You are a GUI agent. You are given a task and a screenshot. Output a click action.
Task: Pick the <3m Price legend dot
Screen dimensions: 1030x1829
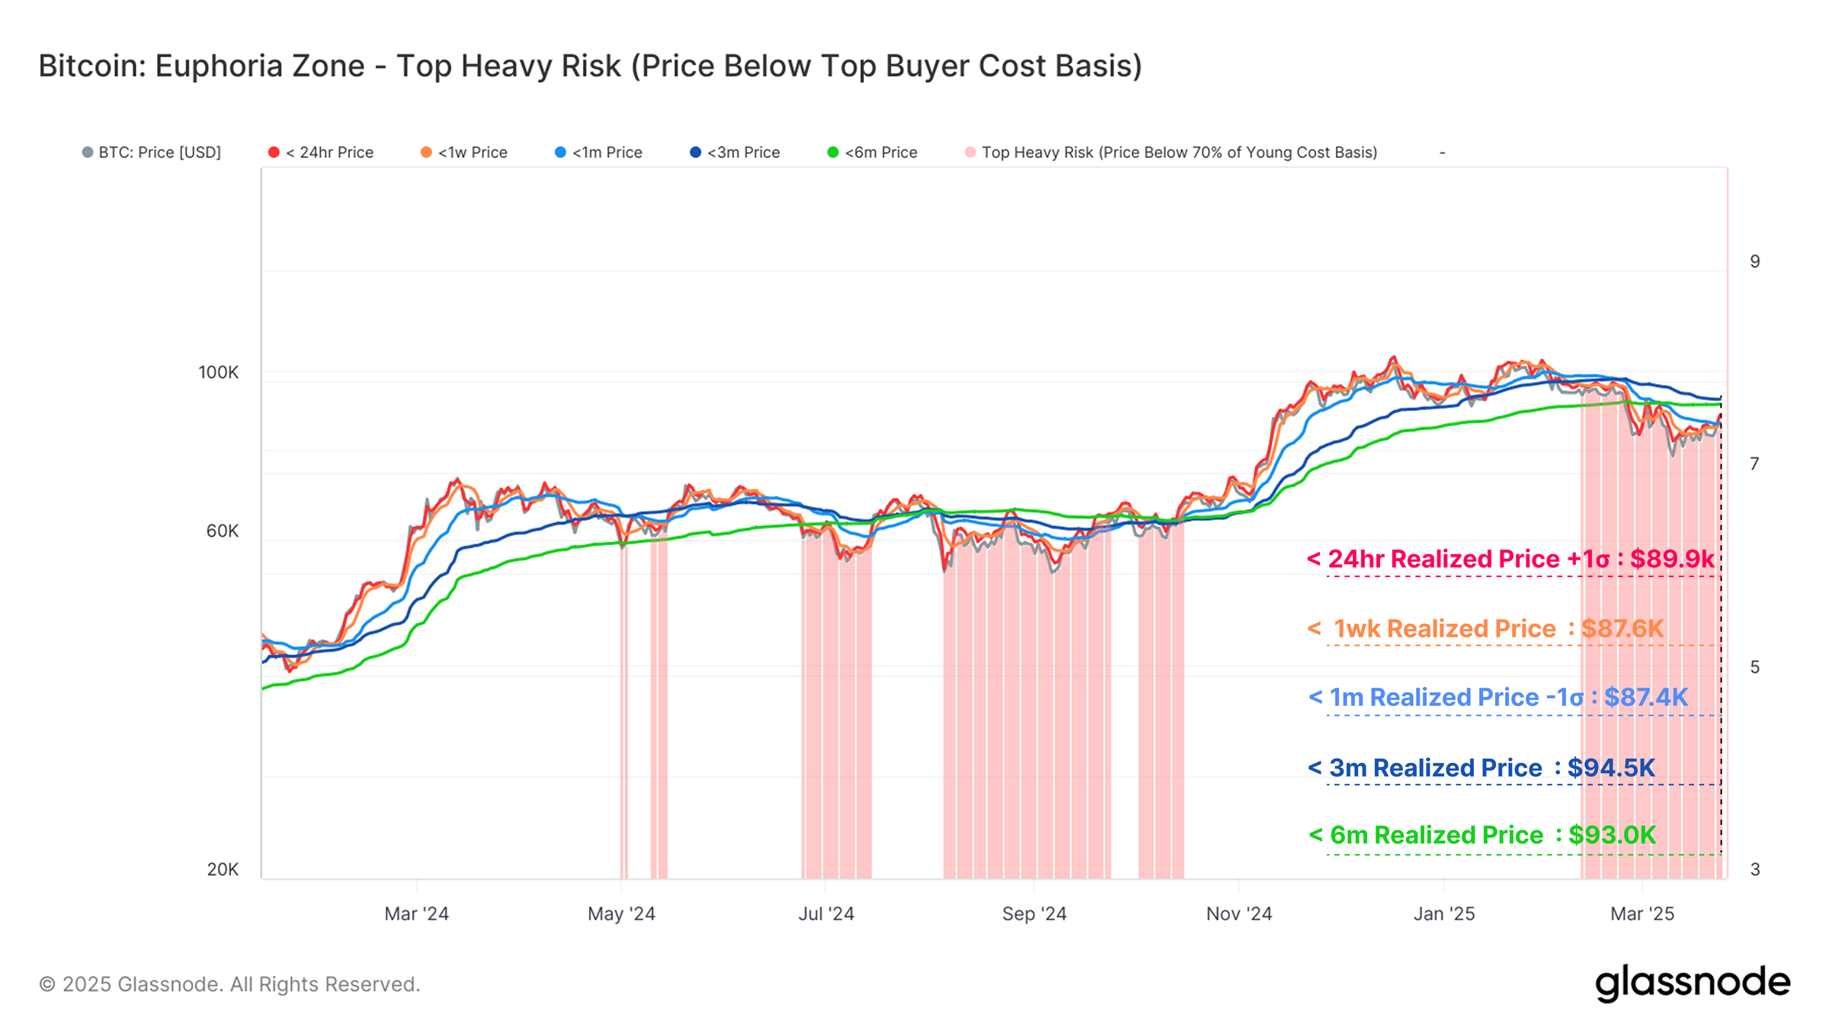point(695,152)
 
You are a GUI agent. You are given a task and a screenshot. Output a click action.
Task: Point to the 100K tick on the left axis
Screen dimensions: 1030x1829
point(219,372)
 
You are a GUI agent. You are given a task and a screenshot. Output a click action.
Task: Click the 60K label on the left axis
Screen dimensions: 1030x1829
point(223,531)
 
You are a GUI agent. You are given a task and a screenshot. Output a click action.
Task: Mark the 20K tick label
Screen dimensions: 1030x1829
point(223,869)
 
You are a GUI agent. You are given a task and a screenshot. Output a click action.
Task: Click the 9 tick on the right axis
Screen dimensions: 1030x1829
point(1755,262)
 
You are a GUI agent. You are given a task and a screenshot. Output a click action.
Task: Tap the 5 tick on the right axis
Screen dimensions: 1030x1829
point(1755,667)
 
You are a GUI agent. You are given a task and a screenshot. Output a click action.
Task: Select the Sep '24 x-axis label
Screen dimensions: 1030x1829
point(1034,913)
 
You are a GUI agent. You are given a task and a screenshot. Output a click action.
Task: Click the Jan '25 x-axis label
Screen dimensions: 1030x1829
point(1444,913)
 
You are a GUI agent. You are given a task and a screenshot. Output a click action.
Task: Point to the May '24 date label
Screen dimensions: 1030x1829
point(621,913)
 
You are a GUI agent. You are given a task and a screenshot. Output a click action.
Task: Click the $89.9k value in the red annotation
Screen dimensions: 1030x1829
point(1672,559)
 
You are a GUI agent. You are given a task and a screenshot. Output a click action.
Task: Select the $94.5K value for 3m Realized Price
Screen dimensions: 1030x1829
point(1611,768)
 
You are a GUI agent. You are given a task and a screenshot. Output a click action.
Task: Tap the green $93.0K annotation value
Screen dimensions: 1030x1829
point(1612,835)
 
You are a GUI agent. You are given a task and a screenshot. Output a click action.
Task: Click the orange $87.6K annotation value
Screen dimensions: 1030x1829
point(1622,628)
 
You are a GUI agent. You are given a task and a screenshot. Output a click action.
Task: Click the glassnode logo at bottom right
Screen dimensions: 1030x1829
point(1693,983)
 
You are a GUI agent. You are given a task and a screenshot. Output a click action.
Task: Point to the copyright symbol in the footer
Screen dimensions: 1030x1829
point(47,984)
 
